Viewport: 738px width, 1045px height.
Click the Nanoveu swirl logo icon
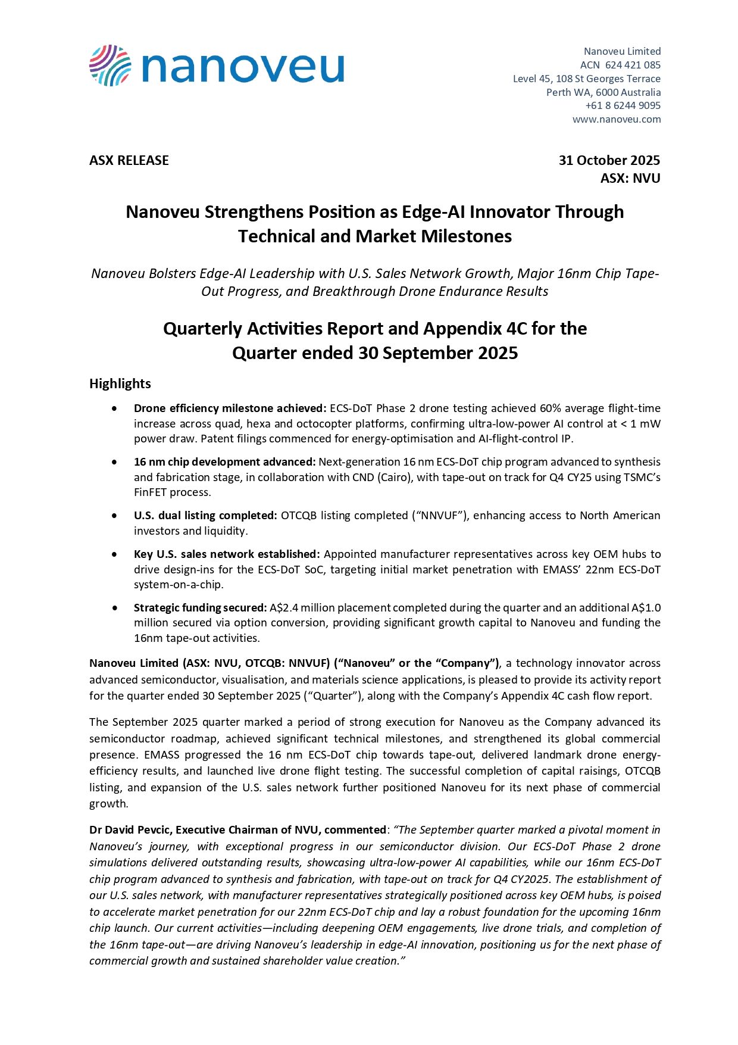pos(110,65)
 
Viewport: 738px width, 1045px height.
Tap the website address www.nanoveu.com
pos(617,119)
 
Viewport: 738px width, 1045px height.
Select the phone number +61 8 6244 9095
pos(623,105)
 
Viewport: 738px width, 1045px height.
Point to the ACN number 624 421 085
pos(633,65)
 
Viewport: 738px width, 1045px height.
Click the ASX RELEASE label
pos(129,160)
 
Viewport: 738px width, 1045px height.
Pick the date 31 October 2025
pos(609,160)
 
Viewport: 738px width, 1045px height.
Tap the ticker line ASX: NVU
pos(630,178)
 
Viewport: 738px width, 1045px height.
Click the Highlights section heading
pos(120,383)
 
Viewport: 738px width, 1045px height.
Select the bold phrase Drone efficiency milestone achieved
pos(230,408)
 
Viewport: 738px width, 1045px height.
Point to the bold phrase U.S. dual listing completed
pos(205,516)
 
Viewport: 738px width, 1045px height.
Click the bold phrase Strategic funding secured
pos(200,608)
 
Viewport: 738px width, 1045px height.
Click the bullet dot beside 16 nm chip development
pos(114,462)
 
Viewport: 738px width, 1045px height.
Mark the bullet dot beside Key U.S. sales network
pos(114,554)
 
